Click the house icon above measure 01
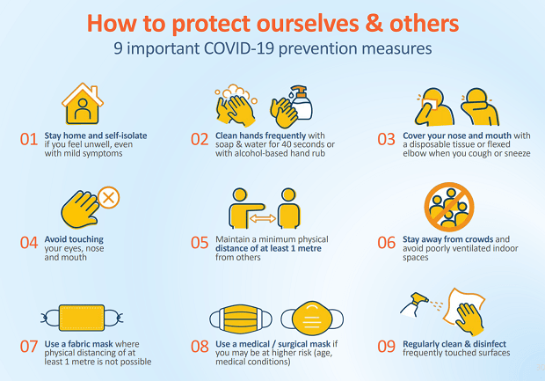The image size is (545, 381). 83,104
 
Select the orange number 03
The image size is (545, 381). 386,140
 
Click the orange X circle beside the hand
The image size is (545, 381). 108,198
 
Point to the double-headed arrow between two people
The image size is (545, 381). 263,218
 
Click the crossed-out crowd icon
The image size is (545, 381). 449,207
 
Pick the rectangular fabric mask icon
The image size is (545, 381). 82,318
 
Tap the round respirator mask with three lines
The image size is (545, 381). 312,319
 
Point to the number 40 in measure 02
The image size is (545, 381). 280,144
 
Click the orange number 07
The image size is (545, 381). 29,347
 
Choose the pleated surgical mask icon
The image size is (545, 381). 241,319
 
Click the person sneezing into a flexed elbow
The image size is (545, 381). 480,106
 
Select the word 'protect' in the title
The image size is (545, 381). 211,24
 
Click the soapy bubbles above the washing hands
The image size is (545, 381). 236,92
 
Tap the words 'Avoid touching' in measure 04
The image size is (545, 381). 74,239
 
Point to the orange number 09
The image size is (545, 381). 386,347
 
